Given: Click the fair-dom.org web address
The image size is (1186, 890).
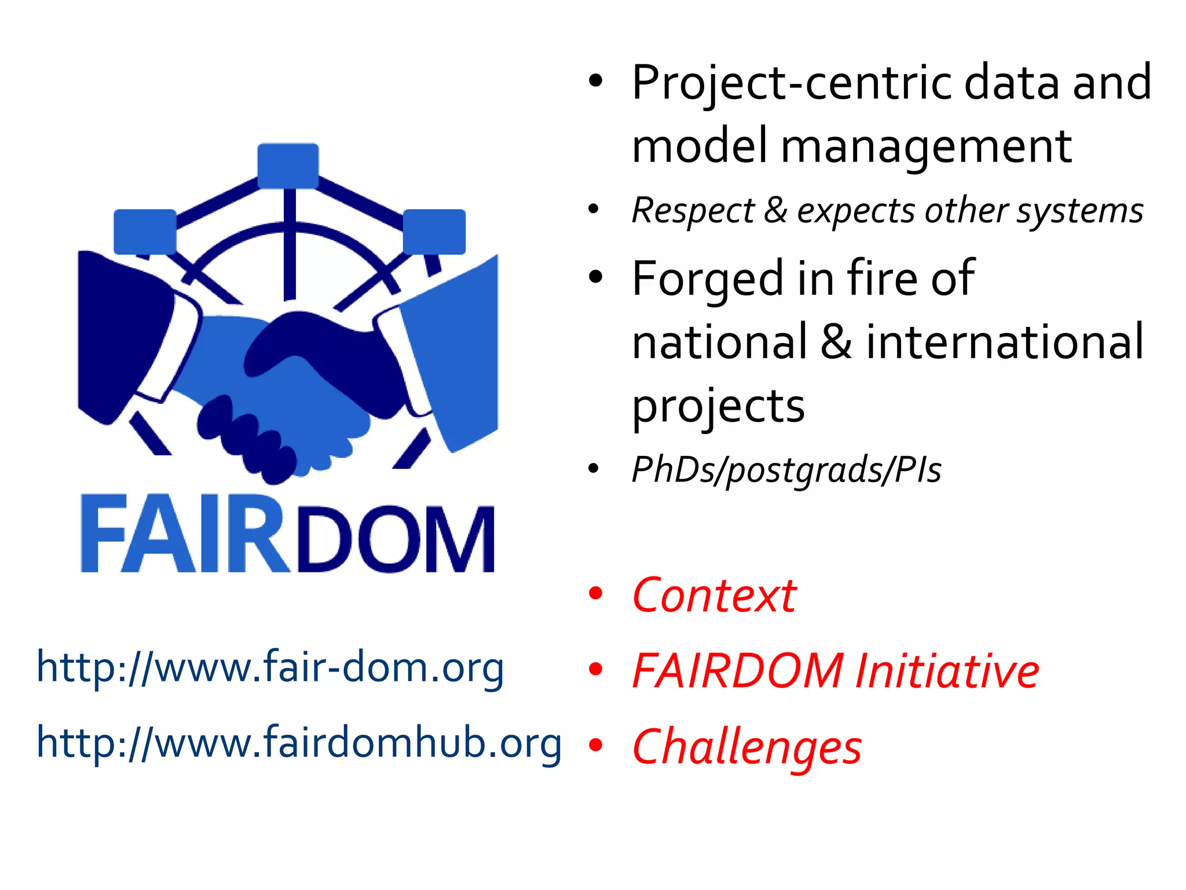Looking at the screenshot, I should coord(270,668).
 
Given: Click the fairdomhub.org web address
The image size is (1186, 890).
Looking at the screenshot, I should coord(299,743).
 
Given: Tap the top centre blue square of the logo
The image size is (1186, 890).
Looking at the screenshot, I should coord(288,166).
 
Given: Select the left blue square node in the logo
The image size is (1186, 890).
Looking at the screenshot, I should coord(145,231).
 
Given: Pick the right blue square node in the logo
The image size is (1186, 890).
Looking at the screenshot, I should coord(434,231).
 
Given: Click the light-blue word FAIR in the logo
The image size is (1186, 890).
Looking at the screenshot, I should coord(184,534).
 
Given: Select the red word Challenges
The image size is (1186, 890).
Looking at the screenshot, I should coord(747,747).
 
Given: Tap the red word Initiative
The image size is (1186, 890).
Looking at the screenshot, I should coord(947,671).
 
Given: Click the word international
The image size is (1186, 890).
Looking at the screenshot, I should coord(1005,342).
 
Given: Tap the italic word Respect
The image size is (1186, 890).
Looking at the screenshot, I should coord(693,211).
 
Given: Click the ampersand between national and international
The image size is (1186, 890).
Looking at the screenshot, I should coord(836,342).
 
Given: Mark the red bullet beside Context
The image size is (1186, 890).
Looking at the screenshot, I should coord(595,594).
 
